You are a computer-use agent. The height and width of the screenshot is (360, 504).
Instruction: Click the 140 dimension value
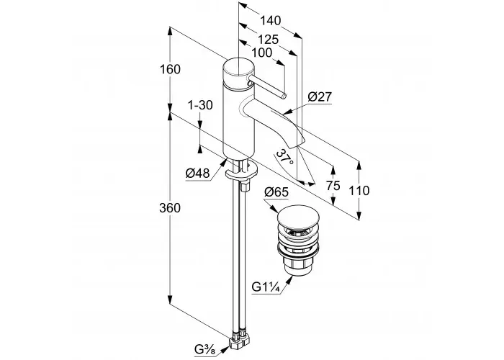coord(270,21)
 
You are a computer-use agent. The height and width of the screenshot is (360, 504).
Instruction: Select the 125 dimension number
coord(269,40)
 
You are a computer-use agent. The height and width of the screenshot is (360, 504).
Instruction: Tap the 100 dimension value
coord(261,53)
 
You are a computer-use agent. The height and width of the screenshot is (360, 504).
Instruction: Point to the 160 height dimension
coord(171,69)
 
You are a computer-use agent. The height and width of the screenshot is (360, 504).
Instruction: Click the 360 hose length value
coord(170,208)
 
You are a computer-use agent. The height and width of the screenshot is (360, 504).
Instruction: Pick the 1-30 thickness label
coord(200,105)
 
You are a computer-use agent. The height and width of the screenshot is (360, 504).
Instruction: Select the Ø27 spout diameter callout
coord(320,96)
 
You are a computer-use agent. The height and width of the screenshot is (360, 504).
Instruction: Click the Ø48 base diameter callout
coord(197,174)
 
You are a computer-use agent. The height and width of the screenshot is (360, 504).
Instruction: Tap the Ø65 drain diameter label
coord(276,192)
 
